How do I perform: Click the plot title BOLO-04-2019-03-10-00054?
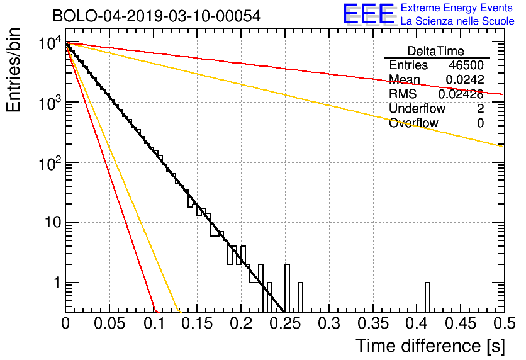(x=157, y=16)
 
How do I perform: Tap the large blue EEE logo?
(x=368, y=14)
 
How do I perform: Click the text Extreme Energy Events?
(x=457, y=8)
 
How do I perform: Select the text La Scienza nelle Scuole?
(x=457, y=21)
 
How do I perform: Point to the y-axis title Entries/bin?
(x=13, y=70)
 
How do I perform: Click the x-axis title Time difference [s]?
(x=430, y=346)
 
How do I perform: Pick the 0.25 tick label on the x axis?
(x=286, y=323)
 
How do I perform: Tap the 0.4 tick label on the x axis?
(x=417, y=323)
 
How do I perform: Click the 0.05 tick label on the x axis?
(x=109, y=323)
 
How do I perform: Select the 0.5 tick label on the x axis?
(x=504, y=323)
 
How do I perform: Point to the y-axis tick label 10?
(x=53, y=222)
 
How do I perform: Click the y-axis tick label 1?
(x=57, y=283)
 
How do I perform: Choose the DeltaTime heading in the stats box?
(x=436, y=51)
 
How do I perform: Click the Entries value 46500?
(x=466, y=65)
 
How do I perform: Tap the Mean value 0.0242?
(x=465, y=79)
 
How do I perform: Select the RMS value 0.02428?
(x=461, y=94)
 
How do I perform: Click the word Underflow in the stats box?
(x=417, y=108)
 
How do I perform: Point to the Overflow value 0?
(x=480, y=123)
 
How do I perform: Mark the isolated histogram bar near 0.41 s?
(x=427, y=298)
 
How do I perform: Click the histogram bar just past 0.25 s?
(x=287, y=288)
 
